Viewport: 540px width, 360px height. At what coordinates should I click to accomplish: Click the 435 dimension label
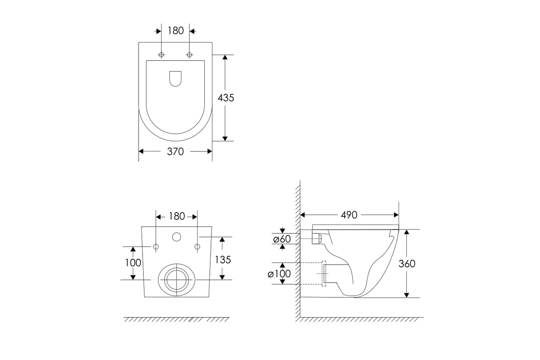tap(225, 98)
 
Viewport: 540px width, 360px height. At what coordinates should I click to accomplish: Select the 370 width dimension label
tap(175, 152)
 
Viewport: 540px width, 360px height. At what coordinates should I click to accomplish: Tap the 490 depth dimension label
tap(349, 215)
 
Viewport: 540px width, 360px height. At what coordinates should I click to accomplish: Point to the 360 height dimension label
tap(407, 264)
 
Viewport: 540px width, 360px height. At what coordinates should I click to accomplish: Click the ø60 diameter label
tap(282, 239)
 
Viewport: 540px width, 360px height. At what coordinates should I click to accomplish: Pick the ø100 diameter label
tap(279, 274)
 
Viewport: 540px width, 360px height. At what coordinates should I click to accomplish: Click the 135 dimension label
tap(223, 260)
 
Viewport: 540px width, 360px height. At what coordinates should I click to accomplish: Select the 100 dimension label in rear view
tap(133, 263)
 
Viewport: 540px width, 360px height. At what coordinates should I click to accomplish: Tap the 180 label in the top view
tap(176, 31)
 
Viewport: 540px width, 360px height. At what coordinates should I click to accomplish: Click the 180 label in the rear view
tap(177, 216)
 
